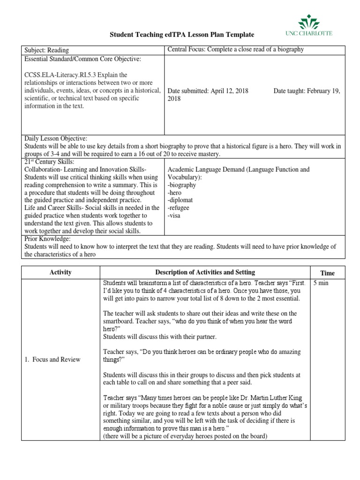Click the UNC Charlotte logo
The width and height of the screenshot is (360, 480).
coord(315,26)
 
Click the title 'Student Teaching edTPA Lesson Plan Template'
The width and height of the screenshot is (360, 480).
coord(182,35)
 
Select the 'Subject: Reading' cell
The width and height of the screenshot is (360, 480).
coord(46,50)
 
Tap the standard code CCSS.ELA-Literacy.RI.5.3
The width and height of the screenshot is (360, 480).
coord(58,75)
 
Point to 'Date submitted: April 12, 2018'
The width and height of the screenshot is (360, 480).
coord(208,91)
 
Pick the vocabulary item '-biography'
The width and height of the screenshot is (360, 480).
coord(181,185)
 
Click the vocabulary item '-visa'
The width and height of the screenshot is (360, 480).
coord(174,216)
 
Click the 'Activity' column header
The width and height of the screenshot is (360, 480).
coord(60,272)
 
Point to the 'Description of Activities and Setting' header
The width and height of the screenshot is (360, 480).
coord(205,272)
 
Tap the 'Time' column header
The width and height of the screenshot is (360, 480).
coord(327,273)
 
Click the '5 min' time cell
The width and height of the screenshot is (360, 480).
coord(321,284)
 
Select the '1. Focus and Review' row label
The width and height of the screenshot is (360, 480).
coord(52,360)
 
